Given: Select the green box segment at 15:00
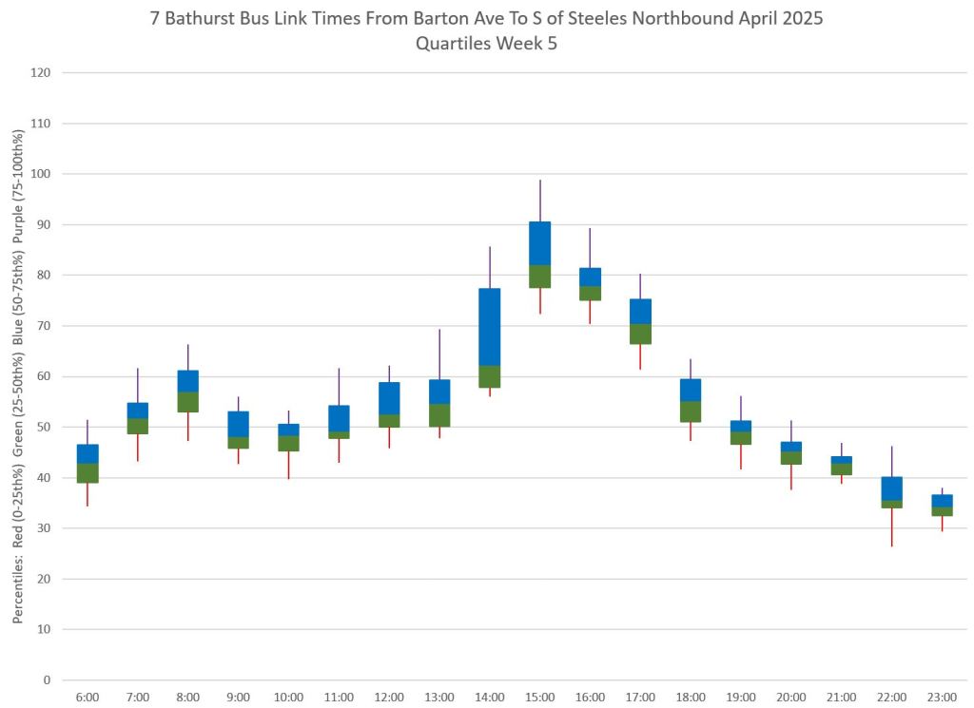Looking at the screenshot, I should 539,277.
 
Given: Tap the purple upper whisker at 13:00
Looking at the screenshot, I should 439,354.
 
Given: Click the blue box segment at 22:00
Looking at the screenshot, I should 891,488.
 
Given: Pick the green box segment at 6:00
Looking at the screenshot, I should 88,473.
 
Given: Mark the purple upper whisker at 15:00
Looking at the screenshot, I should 539,201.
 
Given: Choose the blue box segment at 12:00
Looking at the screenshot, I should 389,398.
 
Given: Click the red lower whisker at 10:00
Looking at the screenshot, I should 288,465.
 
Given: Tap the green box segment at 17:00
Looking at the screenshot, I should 640,335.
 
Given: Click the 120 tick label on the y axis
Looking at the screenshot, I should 42,73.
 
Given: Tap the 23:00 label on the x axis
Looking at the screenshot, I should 942,698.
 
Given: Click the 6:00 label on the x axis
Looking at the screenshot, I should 88,698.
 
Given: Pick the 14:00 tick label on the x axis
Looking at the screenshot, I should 489,698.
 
